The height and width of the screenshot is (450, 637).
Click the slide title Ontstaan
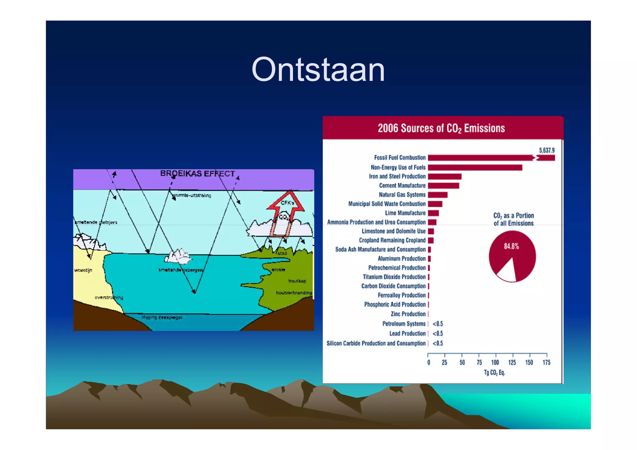click(318, 70)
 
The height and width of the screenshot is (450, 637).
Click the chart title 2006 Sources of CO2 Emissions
click(441, 128)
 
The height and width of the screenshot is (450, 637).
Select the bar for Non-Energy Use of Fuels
click(475, 168)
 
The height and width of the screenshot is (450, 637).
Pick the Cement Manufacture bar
click(443, 186)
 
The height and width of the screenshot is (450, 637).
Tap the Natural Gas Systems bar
click(437, 195)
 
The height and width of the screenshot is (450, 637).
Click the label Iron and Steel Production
click(397, 176)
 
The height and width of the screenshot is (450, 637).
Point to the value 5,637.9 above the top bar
click(546, 151)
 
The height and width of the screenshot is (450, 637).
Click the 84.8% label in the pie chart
click(511, 246)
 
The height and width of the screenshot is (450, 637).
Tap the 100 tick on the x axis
click(495, 362)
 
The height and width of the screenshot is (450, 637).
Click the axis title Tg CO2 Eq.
click(494, 373)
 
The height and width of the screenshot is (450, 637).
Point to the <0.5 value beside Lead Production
click(438, 333)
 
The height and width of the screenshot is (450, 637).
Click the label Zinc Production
click(408, 314)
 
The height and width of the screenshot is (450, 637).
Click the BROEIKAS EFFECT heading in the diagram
click(197, 174)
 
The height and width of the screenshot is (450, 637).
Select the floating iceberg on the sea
click(179, 257)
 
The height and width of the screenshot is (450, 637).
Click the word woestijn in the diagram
click(83, 270)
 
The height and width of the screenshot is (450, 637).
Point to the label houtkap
click(297, 281)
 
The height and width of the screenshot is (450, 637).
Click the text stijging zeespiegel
click(162, 317)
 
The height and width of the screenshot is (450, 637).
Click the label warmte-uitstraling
click(192, 195)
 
